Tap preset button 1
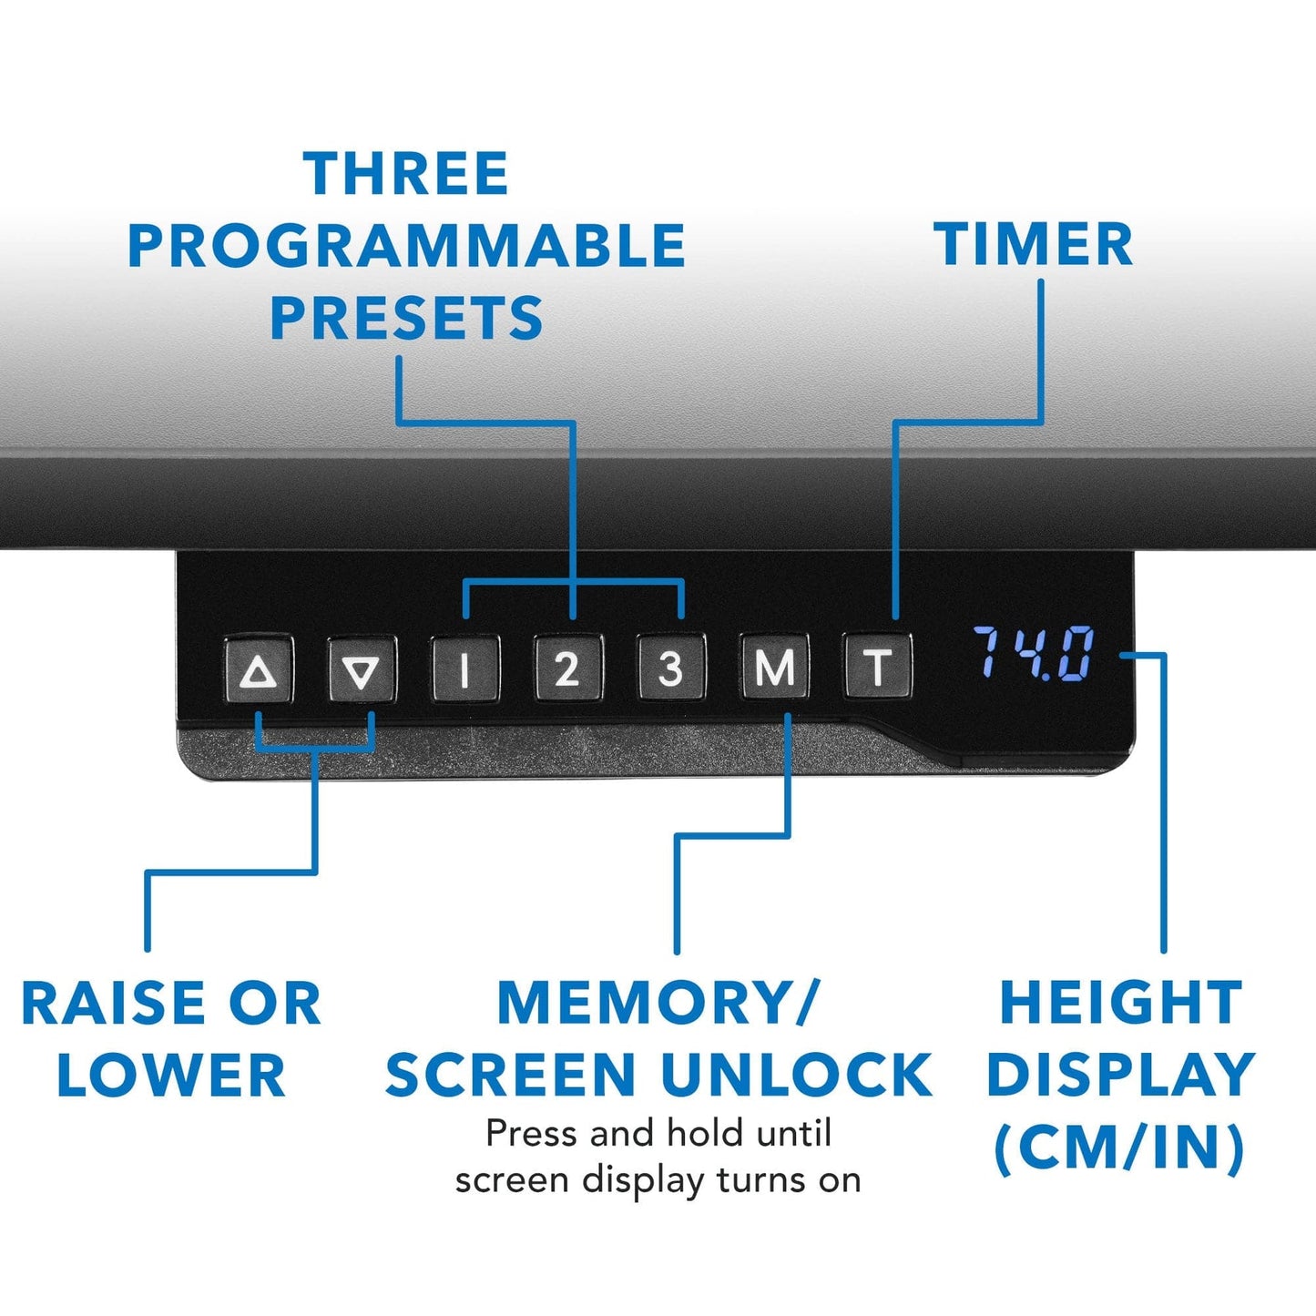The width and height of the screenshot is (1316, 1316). point(465,668)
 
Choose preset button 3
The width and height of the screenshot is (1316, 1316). point(671,668)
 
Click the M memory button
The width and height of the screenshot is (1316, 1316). point(774,667)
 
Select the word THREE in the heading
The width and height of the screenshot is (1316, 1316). point(406,173)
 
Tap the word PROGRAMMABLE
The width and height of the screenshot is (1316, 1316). point(407,246)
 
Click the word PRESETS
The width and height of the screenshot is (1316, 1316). point(407,318)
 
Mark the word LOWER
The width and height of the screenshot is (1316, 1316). point(171,1075)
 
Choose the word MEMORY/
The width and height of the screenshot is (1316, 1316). point(657,1004)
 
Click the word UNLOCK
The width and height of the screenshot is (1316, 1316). point(796,1075)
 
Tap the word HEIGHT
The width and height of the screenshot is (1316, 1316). point(1121,1004)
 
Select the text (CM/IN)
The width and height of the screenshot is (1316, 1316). point(1120,1148)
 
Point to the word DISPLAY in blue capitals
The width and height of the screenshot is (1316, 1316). point(1121,1075)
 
